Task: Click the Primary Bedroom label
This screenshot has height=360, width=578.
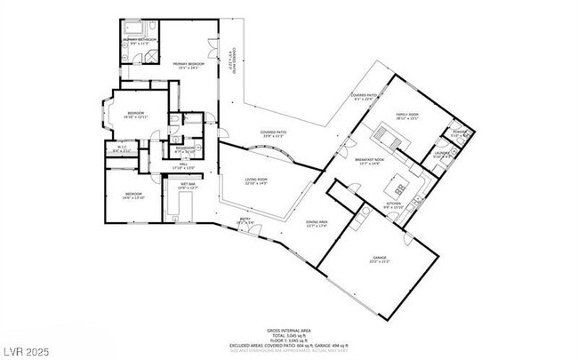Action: coord(189,65)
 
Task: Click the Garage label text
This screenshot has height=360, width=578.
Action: coord(380,260)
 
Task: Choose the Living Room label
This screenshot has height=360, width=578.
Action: coord(257,181)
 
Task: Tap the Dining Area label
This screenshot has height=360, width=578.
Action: coord(317,224)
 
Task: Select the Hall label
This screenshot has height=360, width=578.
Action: coord(181,165)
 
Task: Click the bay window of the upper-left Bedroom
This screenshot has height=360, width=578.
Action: coord(105,114)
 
